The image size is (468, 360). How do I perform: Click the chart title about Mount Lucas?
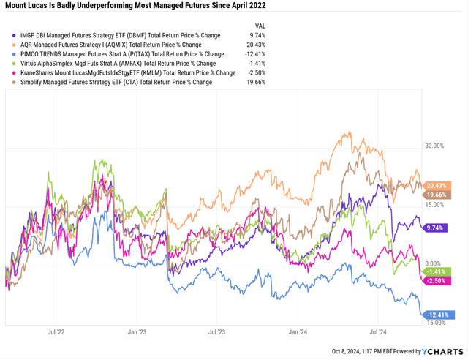tap(136, 6)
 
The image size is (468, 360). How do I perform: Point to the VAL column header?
tap(258, 24)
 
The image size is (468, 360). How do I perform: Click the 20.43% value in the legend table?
tap(257, 44)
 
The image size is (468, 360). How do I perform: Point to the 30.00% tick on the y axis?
tap(434, 146)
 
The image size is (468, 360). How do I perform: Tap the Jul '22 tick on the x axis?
tap(56, 331)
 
